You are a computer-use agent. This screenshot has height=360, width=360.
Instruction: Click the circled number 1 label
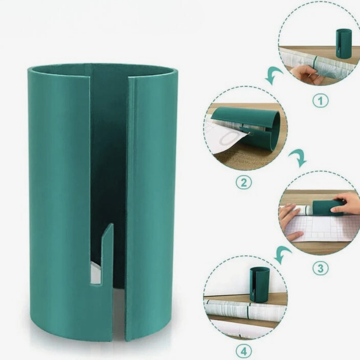(320, 101)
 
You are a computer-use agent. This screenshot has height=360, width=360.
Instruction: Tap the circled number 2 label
(243, 183)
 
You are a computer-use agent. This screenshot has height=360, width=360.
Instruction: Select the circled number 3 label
(320, 269)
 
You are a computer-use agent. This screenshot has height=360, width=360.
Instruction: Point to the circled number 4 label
(243, 351)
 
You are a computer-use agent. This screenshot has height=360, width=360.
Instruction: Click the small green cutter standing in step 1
(344, 43)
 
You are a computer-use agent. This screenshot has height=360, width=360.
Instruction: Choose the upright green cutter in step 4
(260, 284)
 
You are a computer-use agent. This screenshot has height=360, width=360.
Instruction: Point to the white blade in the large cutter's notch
(96, 273)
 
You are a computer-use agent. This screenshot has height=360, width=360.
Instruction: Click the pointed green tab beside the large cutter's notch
(108, 252)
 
